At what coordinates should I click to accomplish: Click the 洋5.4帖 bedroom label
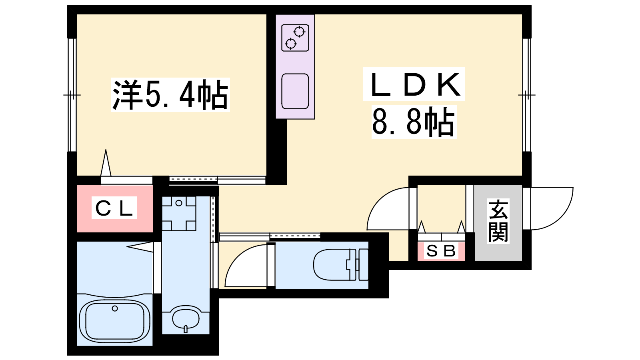170,94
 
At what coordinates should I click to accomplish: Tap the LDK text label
414,84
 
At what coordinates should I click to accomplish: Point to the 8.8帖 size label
414,122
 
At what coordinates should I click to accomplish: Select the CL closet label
114,208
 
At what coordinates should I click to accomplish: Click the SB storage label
441,251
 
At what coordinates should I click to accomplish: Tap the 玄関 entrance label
498,222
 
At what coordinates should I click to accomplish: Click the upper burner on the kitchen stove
299,32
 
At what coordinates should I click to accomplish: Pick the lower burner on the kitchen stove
291,44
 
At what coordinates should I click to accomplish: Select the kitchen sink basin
295,91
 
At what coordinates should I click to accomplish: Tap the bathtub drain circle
115,308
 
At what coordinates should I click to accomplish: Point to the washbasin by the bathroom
186,319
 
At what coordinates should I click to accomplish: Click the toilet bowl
332,264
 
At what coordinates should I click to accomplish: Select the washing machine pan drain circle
179,204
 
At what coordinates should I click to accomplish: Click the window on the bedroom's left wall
72,95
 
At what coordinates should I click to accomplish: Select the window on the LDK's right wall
527,95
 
